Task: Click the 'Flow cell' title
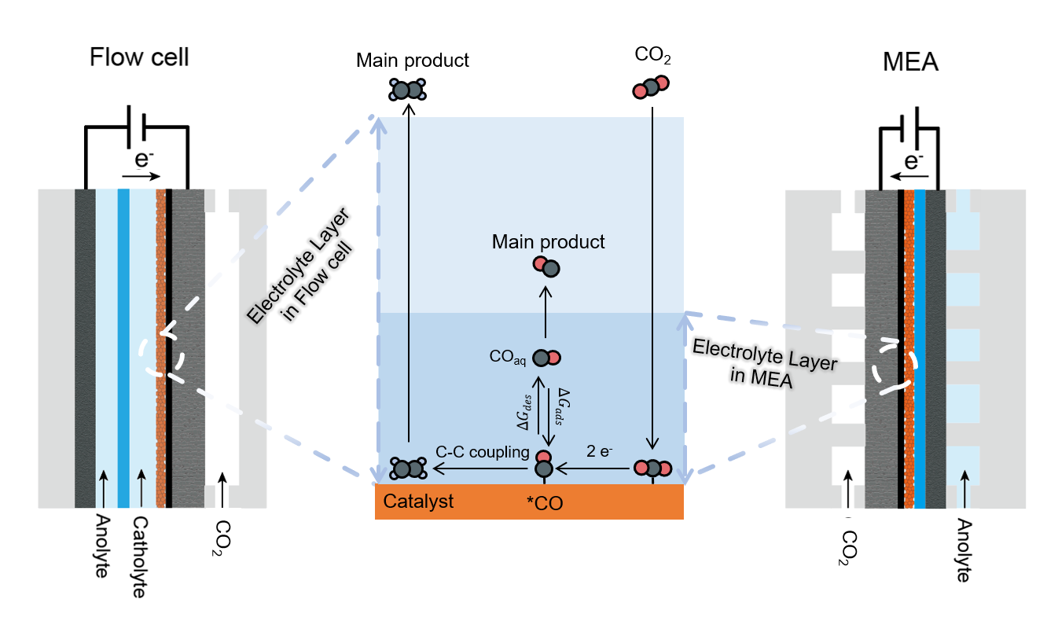(x=139, y=57)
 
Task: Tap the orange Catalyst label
(x=418, y=501)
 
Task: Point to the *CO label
(x=545, y=503)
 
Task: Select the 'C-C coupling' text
(x=482, y=453)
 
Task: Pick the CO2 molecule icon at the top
(x=651, y=87)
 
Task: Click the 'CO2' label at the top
(x=652, y=57)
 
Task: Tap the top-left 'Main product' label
(x=412, y=60)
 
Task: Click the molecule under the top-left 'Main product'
(x=407, y=90)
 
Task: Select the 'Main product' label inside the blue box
(x=549, y=241)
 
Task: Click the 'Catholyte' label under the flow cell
(x=139, y=557)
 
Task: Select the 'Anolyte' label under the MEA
(x=963, y=550)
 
